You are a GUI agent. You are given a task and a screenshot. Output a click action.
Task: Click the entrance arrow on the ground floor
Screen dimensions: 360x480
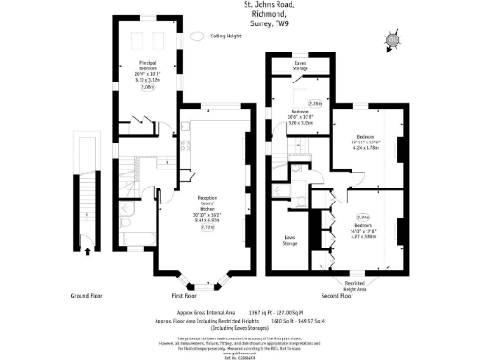(89, 250)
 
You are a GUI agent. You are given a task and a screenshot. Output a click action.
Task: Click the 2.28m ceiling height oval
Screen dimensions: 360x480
(314, 103)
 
